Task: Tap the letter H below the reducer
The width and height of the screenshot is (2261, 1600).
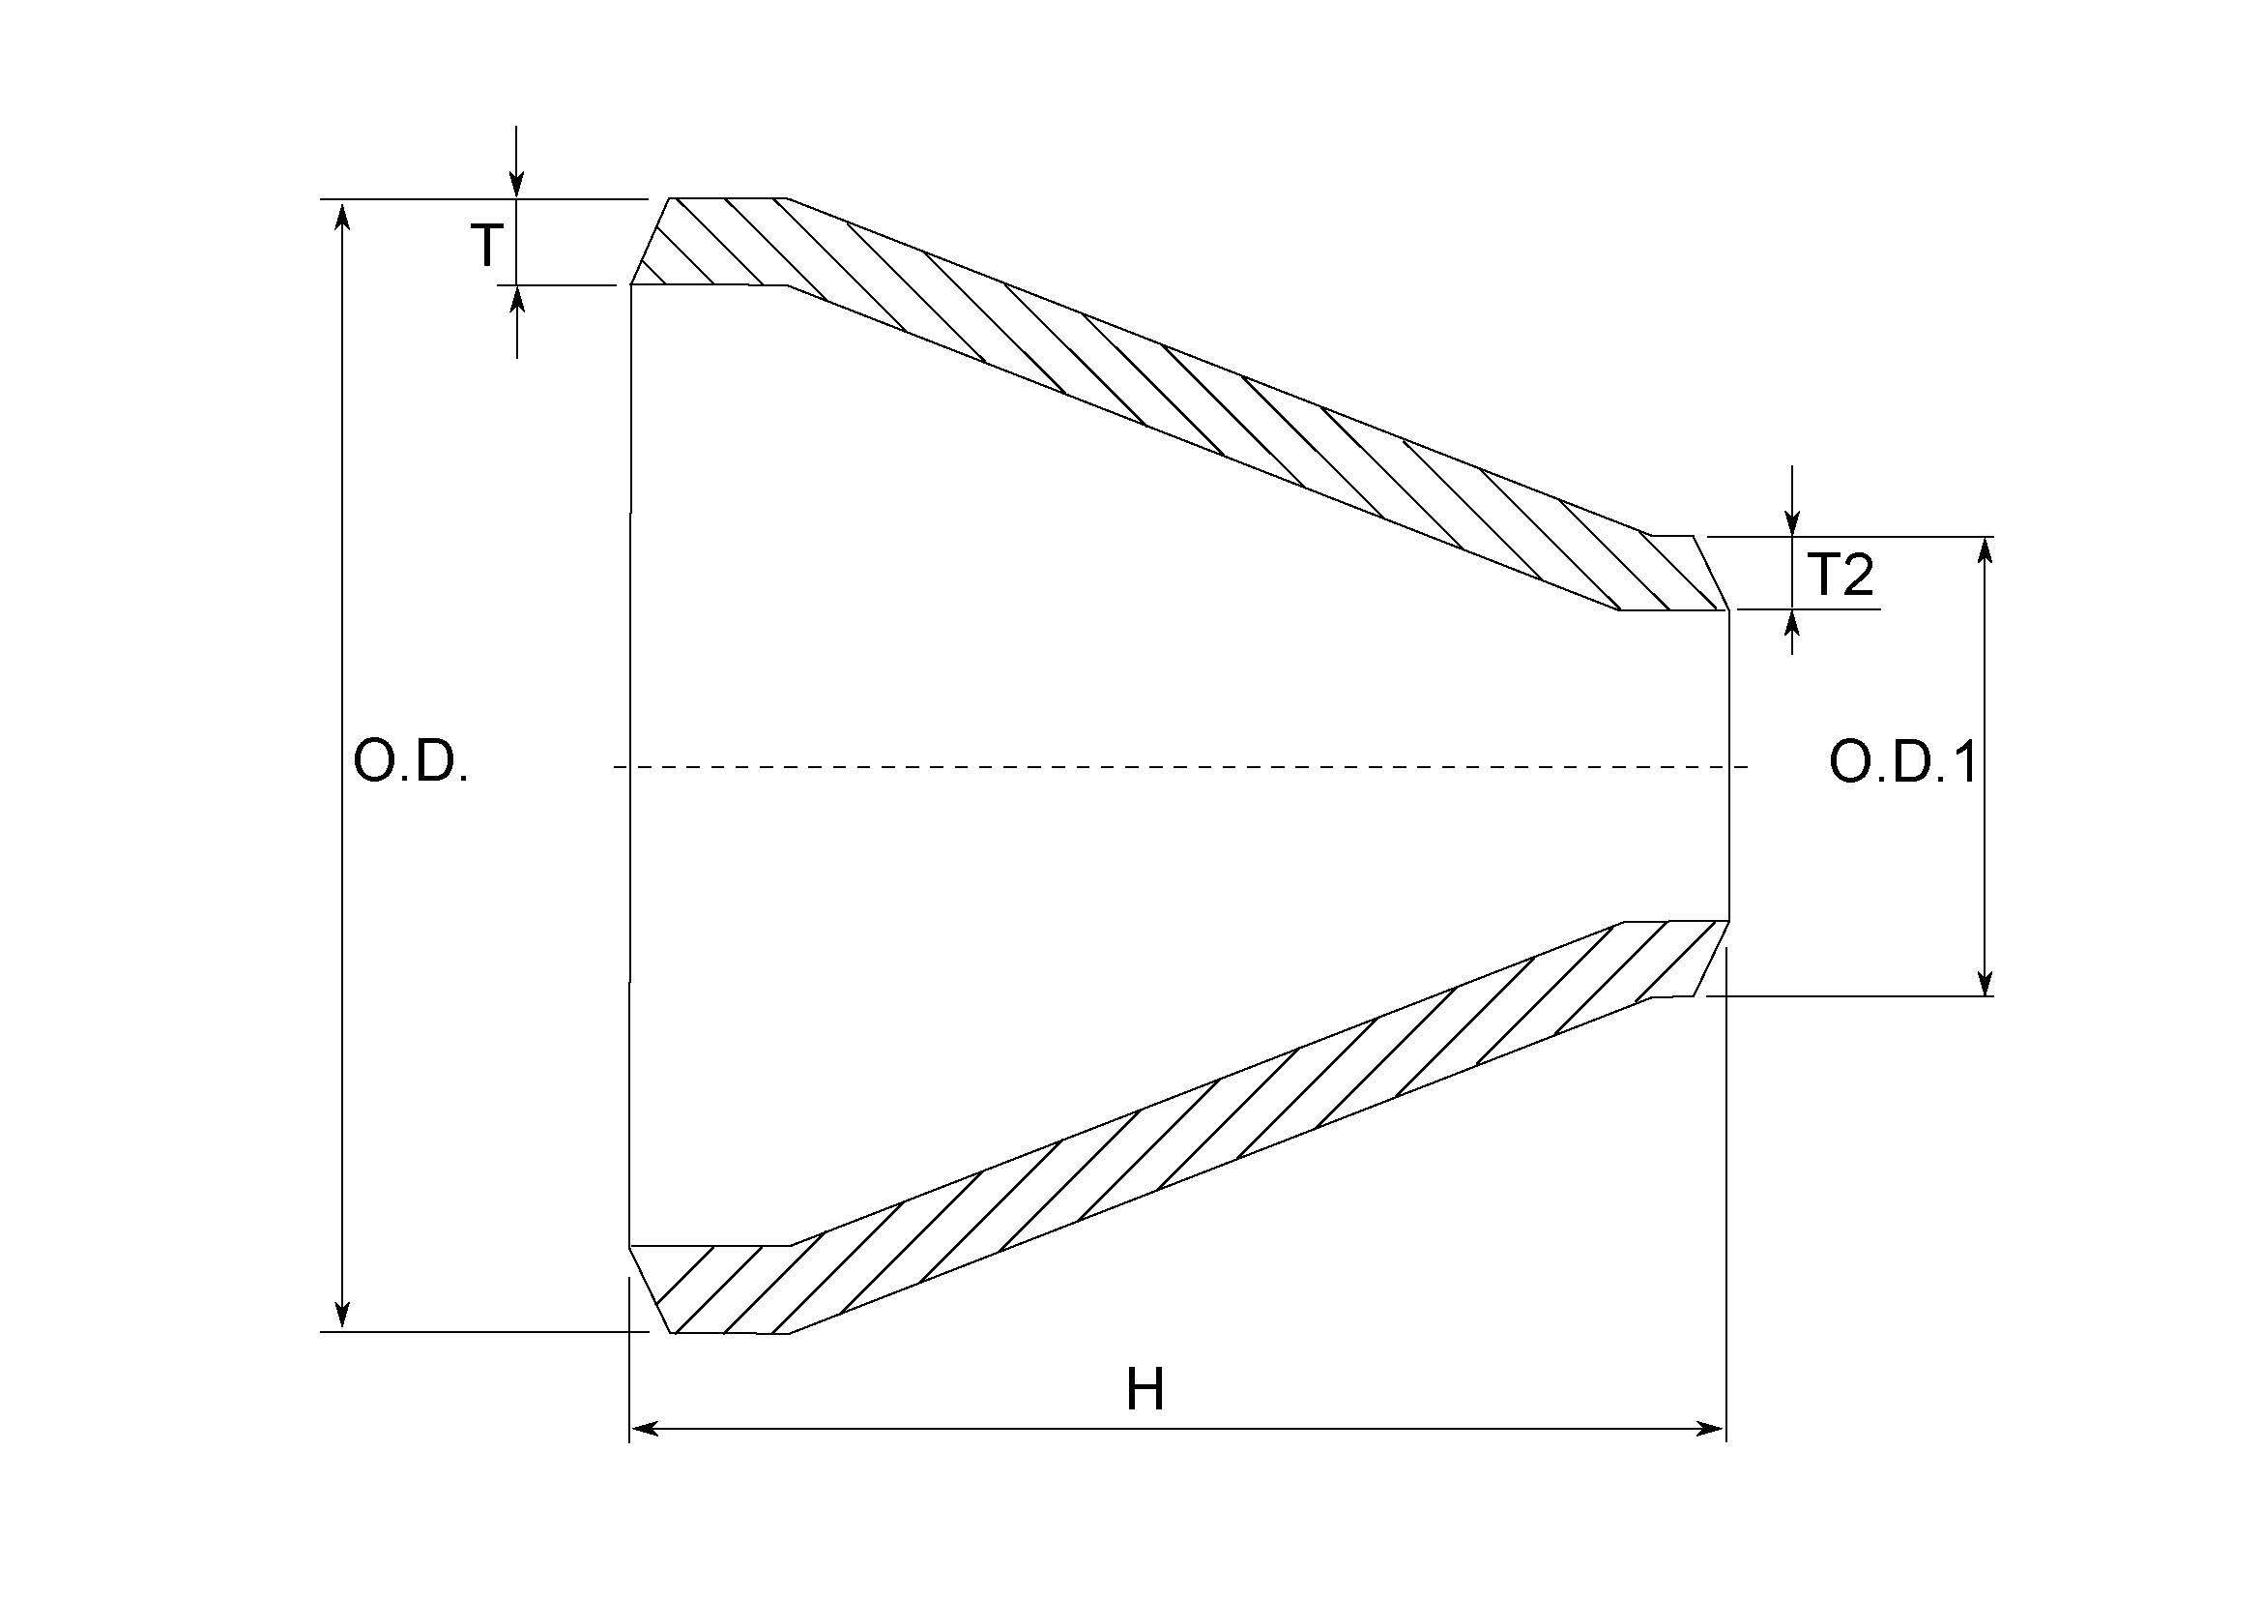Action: click(1145, 1391)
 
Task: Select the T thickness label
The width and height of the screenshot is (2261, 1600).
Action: click(486, 246)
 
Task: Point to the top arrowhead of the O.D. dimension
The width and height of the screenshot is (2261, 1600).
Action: click(341, 215)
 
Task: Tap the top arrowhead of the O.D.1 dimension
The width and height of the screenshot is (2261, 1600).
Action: click(1986, 551)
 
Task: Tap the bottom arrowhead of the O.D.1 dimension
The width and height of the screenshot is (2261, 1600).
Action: click(1986, 981)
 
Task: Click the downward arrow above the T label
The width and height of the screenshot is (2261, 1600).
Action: click(517, 182)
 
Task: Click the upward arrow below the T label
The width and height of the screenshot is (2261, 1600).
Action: click(517, 301)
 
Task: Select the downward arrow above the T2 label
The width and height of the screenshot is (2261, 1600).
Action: click(1793, 521)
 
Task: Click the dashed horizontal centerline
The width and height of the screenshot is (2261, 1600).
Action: click(1181, 766)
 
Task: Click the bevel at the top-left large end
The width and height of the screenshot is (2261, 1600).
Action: click(650, 243)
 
